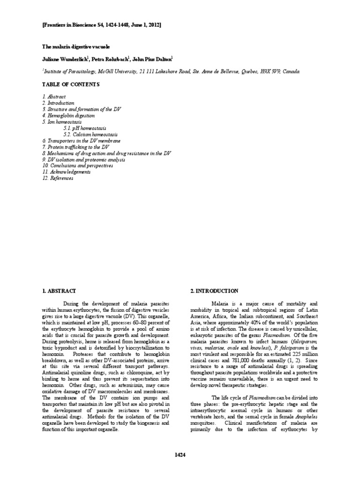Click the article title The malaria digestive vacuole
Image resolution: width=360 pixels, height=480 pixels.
76,47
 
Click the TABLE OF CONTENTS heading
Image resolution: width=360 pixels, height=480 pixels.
71,84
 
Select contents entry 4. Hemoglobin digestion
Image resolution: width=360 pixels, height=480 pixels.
68,115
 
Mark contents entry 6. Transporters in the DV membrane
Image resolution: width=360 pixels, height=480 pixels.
81,141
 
